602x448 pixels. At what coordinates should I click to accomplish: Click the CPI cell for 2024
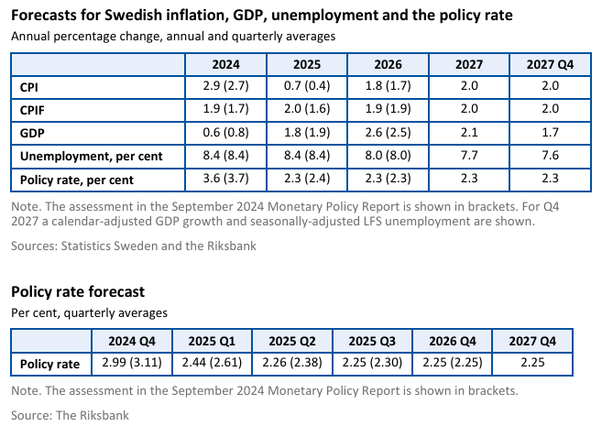pos(225,87)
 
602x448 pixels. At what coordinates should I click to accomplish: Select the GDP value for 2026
pos(388,133)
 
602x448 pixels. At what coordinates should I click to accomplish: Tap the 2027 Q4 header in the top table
pos(550,64)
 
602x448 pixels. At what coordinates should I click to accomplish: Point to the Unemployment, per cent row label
pos(91,156)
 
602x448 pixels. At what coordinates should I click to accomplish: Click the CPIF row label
pos(34,110)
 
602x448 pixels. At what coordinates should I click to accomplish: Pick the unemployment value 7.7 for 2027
pos(468,156)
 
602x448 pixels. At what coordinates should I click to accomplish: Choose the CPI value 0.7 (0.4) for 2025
pos(306,87)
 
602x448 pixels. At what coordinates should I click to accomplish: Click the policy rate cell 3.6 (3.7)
pos(225,179)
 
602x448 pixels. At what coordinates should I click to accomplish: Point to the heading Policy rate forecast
pos(77,292)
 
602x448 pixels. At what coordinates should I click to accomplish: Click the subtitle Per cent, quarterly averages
pos(89,312)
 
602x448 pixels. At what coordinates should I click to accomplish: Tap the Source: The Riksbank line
pos(70,415)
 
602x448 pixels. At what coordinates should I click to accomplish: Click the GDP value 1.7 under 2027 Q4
pos(550,133)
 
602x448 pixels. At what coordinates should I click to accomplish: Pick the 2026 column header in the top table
pos(388,64)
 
